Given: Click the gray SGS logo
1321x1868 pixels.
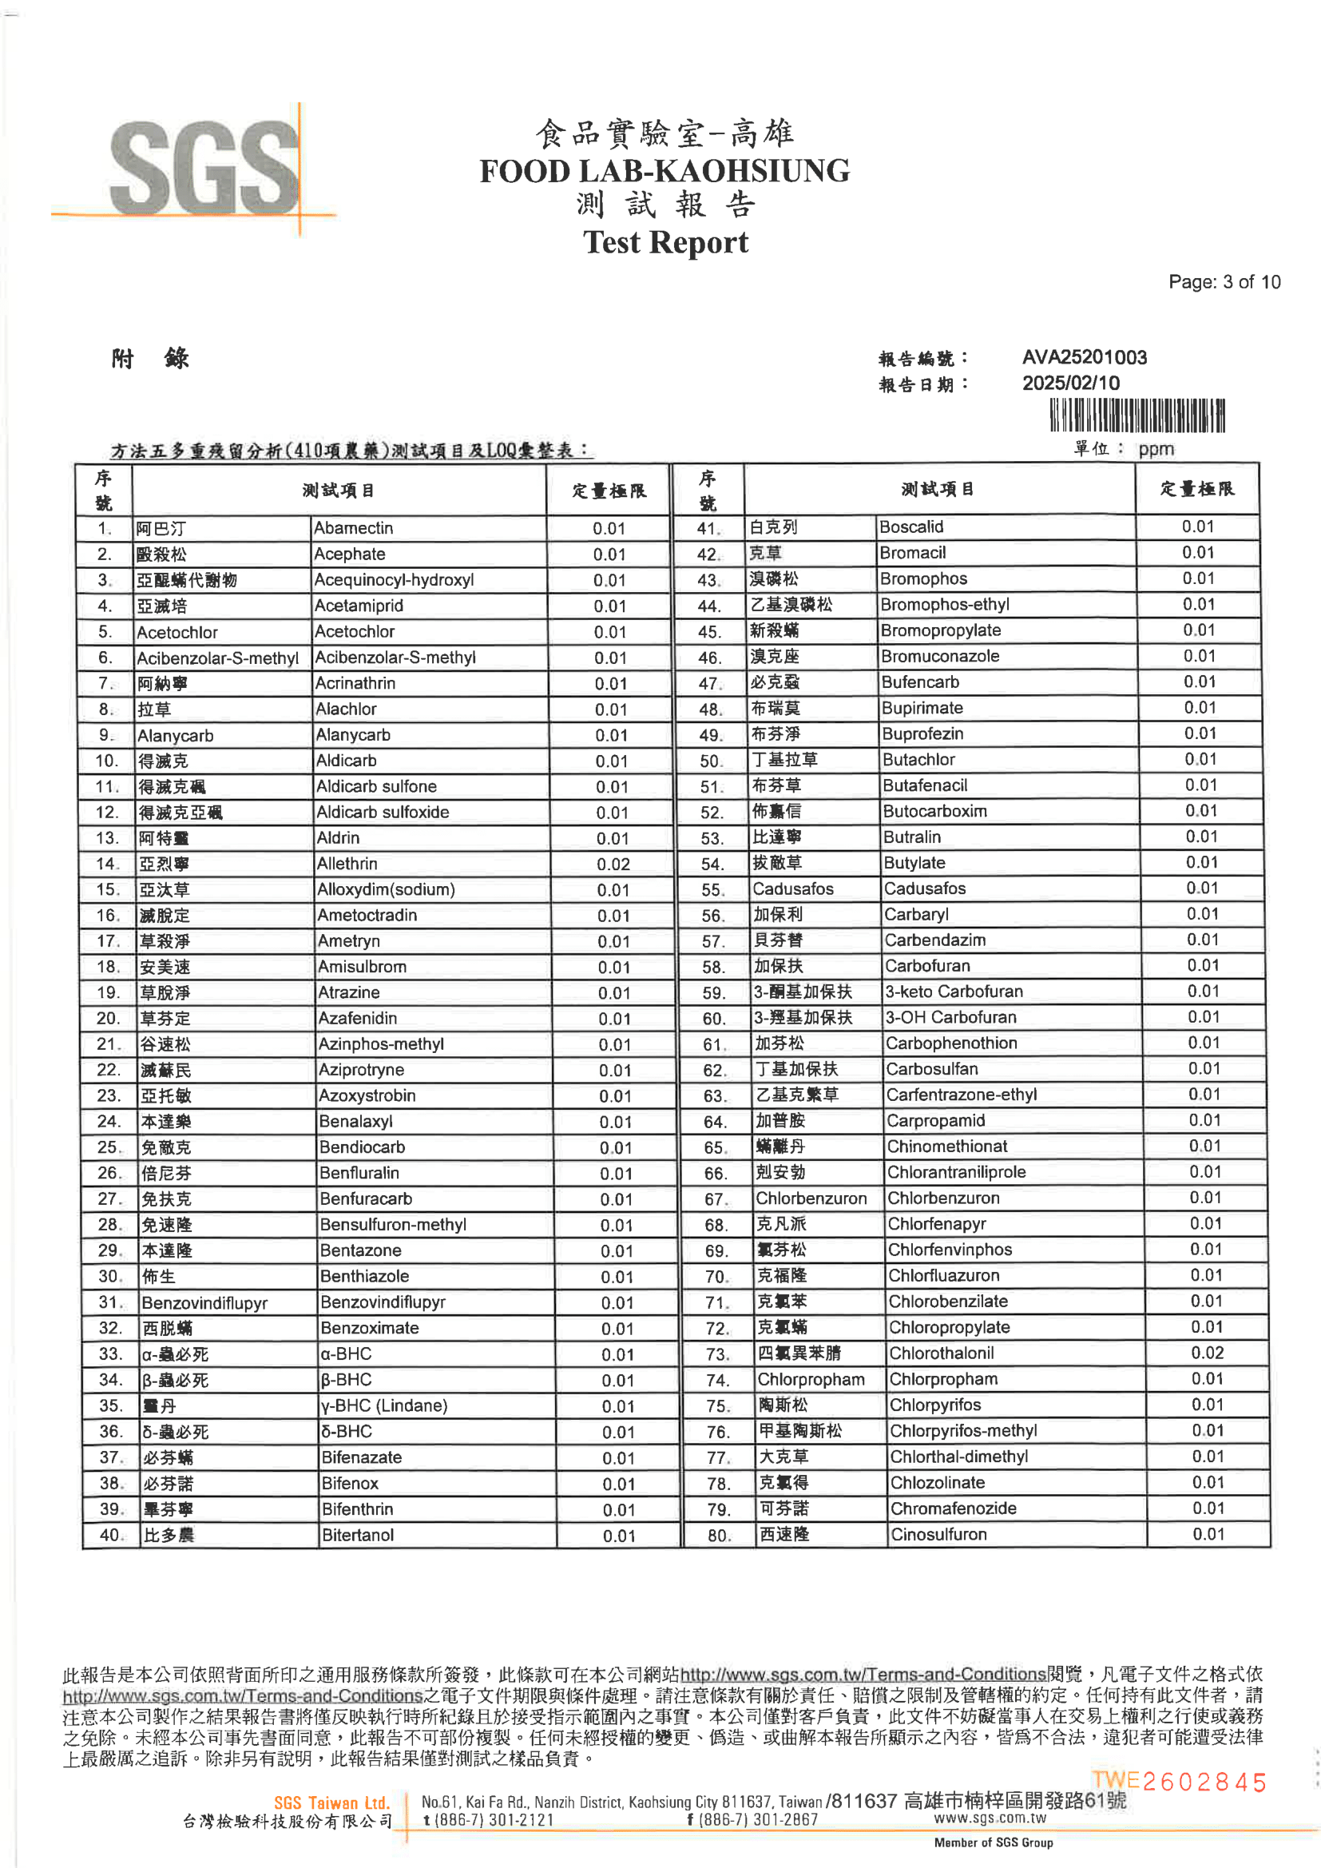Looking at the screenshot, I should [x=204, y=169].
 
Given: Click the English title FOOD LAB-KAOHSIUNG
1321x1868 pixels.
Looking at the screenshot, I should [x=664, y=171].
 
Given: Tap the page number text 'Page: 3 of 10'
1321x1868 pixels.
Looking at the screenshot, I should [x=1224, y=281].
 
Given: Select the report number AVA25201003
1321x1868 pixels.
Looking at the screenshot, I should [x=1085, y=357].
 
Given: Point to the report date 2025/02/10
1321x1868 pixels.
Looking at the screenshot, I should [x=1070, y=384].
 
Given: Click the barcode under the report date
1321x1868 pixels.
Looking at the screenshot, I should [x=1137, y=415].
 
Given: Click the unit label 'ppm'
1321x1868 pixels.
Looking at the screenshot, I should [x=1156, y=448].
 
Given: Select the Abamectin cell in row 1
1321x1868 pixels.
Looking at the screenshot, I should [x=354, y=528].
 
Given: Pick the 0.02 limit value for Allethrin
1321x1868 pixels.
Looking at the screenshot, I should [x=613, y=864].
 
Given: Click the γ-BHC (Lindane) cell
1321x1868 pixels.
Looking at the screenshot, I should [x=384, y=1405].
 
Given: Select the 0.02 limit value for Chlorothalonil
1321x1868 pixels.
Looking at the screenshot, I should [x=1207, y=1352].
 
